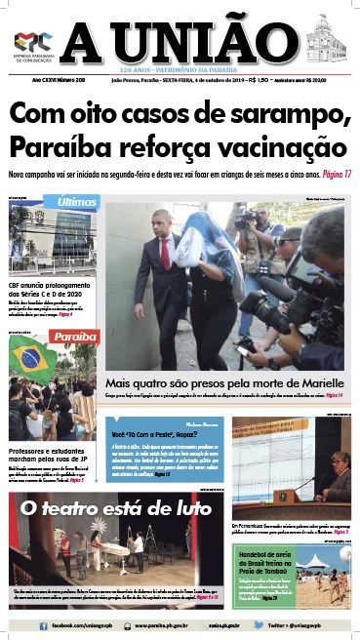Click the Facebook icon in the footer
click(x=18, y=622)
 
